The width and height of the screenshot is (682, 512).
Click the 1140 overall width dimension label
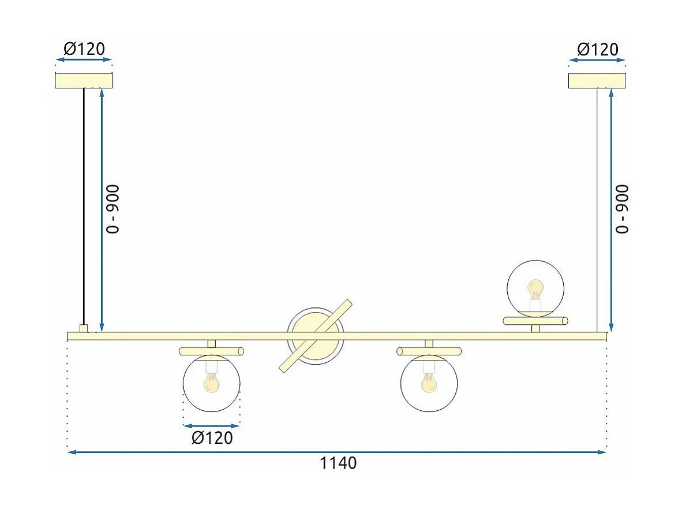point(338,463)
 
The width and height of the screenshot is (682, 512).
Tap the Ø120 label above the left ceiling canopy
point(84,49)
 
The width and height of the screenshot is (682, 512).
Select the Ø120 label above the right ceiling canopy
point(597,49)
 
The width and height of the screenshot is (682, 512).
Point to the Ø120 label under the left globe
point(212,438)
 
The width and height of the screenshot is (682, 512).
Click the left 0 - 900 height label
point(114,209)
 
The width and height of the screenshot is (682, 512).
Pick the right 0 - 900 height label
point(623,209)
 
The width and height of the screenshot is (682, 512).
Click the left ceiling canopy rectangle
point(84,81)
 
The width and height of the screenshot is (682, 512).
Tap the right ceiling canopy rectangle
point(597,81)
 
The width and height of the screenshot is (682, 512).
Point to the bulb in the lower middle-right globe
point(429,382)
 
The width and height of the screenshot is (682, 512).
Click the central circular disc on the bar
point(315,336)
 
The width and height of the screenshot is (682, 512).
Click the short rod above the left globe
point(211,351)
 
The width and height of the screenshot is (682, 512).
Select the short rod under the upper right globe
point(535,321)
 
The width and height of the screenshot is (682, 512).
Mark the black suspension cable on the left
point(84,202)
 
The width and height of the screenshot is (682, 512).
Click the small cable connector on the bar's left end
point(84,328)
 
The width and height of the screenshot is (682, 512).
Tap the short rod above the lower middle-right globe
point(429,351)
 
